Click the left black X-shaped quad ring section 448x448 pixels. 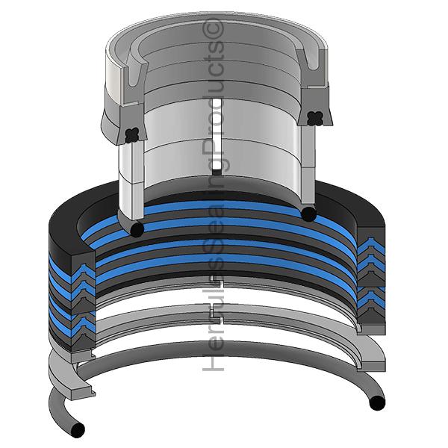click(x=132, y=135)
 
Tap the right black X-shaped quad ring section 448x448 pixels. click(x=315, y=118)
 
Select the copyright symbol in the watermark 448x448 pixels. click(x=213, y=29)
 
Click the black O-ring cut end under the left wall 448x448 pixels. click(x=137, y=229)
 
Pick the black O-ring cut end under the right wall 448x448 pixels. click(x=309, y=214)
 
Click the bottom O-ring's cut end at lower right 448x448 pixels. click(x=377, y=403)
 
